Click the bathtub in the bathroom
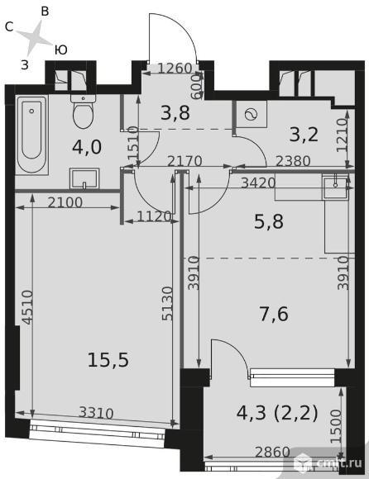[x=31, y=135]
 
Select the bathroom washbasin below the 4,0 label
[x=84, y=178]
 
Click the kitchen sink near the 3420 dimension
[x=335, y=187]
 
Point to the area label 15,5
[x=108, y=359]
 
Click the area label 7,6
[x=274, y=314]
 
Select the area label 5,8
[x=269, y=221]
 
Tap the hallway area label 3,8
[x=175, y=112]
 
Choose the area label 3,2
[x=304, y=135]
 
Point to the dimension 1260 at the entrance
[x=175, y=68]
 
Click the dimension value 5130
[x=167, y=303]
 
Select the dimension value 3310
[x=96, y=413]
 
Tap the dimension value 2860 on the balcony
[x=272, y=452]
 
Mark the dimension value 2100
[x=65, y=202]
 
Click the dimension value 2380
[x=293, y=161]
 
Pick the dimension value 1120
[x=154, y=216]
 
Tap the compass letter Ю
[x=61, y=50]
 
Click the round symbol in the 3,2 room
[x=251, y=115]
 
